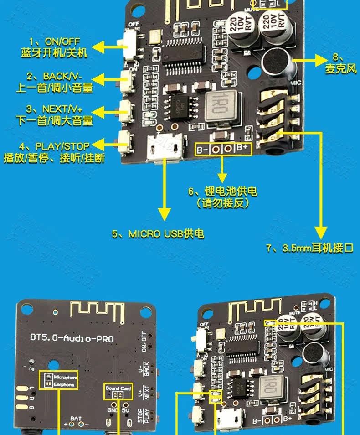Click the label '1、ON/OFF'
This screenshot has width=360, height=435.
(54, 42)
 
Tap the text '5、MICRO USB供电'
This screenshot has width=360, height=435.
(158, 234)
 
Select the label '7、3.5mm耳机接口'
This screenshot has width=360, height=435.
(310, 248)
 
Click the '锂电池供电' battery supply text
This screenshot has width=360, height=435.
(222, 191)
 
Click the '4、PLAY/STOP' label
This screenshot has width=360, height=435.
(54, 146)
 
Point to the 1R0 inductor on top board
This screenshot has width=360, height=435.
(222, 107)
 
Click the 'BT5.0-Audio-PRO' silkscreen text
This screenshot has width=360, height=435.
(72, 338)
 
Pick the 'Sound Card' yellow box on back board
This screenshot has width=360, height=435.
(118, 391)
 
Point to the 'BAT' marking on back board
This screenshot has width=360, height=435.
(76, 418)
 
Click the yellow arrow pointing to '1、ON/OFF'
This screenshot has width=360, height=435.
(103, 46)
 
